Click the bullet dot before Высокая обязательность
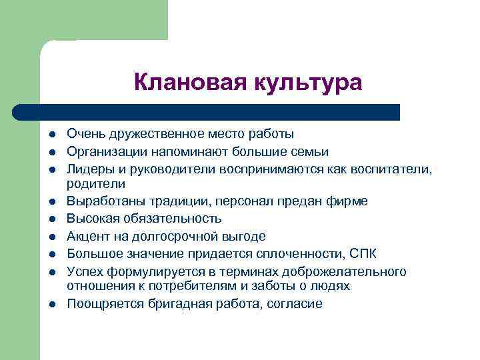(x=50, y=219)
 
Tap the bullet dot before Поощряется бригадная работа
(x=50, y=304)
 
